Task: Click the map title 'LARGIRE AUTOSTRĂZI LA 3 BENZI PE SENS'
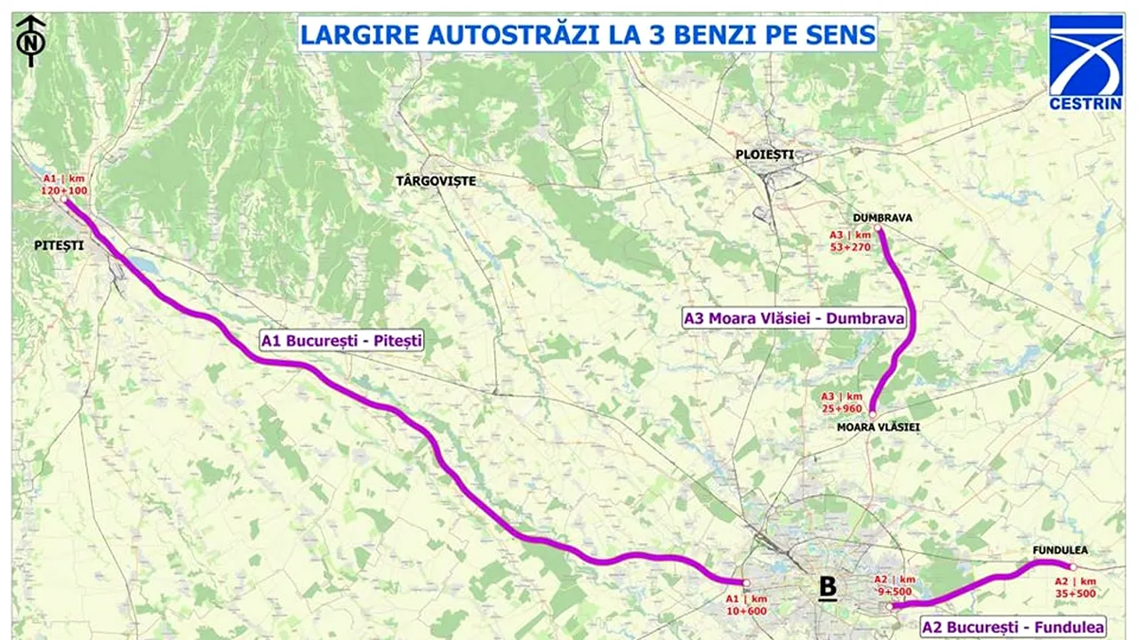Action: click(587, 35)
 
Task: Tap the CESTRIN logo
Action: click(1086, 61)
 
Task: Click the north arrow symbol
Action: click(31, 40)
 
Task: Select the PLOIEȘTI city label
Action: click(763, 155)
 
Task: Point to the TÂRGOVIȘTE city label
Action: click(436, 181)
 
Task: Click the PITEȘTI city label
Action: click(54, 245)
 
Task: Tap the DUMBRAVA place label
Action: click(882, 218)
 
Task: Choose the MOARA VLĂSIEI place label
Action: click(878, 428)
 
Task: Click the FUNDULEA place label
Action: click(1060, 550)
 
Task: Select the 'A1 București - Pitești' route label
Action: click(341, 339)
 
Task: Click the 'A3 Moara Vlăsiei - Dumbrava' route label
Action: click(794, 318)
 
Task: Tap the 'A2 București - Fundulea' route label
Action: click(1013, 627)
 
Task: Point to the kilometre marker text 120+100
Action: click(64, 191)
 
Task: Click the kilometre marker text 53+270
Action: click(851, 247)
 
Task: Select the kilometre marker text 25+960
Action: click(841, 408)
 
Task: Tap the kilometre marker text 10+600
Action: click(747, 611)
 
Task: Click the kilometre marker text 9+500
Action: click(894, 590)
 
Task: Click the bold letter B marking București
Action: click(828, 587)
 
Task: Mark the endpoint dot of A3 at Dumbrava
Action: click(878, 230)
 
